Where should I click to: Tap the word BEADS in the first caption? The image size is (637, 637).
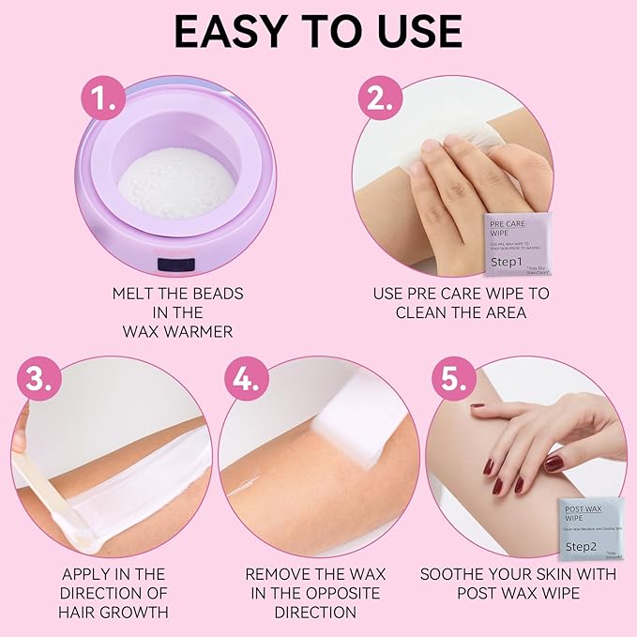217,294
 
